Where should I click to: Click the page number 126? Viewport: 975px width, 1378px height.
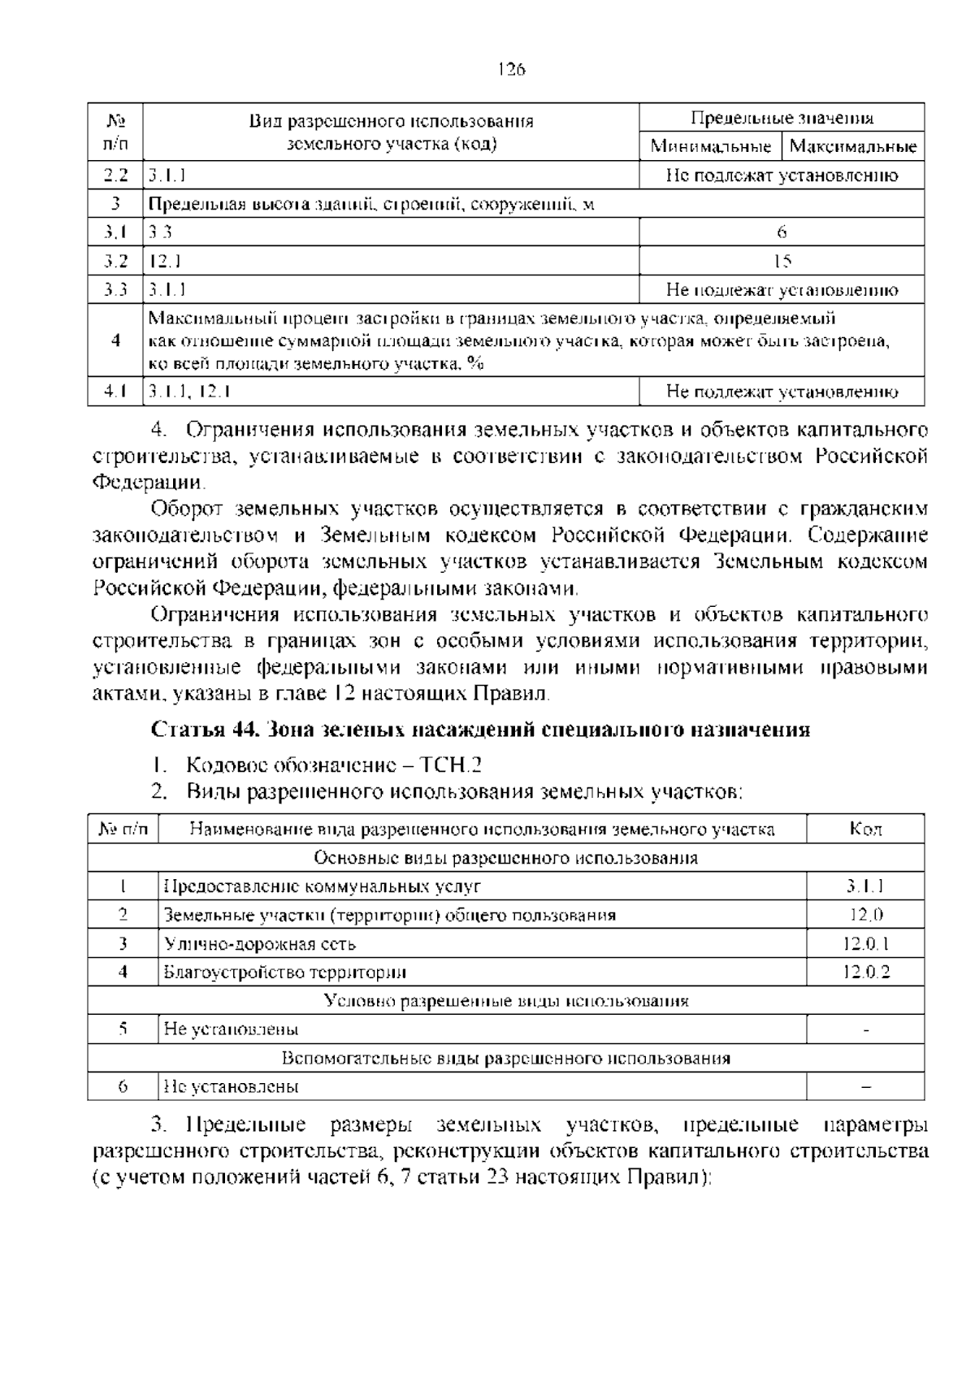coord(511,69)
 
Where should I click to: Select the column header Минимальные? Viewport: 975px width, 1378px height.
coord(710,147)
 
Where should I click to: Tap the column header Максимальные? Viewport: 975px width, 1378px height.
coord(852,147)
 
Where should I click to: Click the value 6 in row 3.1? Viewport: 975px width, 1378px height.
coord(782,232)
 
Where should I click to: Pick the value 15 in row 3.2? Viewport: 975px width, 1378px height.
coord(782,261)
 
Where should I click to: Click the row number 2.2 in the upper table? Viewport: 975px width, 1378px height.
coord(115,175)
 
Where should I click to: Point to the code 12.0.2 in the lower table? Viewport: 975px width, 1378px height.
coord(865,972)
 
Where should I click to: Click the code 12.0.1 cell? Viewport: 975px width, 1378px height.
coord(865,943)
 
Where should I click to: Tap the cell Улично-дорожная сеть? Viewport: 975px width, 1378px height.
coord(260,944)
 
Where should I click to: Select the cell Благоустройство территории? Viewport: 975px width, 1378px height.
coord(284,973)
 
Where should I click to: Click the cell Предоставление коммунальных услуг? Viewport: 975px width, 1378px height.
coord(323,886)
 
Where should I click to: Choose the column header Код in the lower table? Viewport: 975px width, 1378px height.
coord(865,829)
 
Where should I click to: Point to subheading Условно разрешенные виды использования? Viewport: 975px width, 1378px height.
coord(505,1001)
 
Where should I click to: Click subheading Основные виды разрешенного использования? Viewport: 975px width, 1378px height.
coord(505,858)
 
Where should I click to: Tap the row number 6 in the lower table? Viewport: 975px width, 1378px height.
coord(123,1086)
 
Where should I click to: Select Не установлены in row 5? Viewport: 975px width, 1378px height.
coord(231,1029)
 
